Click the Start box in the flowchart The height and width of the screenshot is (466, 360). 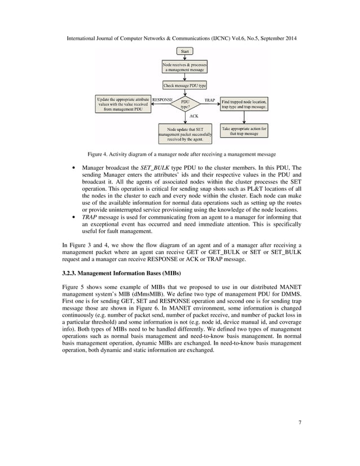[x=185, y=51]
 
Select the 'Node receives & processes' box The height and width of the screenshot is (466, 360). [x=185, y=67]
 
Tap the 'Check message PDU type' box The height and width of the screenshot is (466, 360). [x=185, y=86]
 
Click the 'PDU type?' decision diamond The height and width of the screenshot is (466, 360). [x=185, y=104]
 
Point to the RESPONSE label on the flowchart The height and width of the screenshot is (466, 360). [x=162, y=99]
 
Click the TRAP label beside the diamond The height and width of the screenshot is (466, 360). [x=209, y=99]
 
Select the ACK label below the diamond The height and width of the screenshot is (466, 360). [x=193, y=115]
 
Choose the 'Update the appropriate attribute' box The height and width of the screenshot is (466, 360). [x=122, y=104]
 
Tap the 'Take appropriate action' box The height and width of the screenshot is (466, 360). [x=244, y=131]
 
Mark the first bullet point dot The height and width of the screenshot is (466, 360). [x=74, y=168]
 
